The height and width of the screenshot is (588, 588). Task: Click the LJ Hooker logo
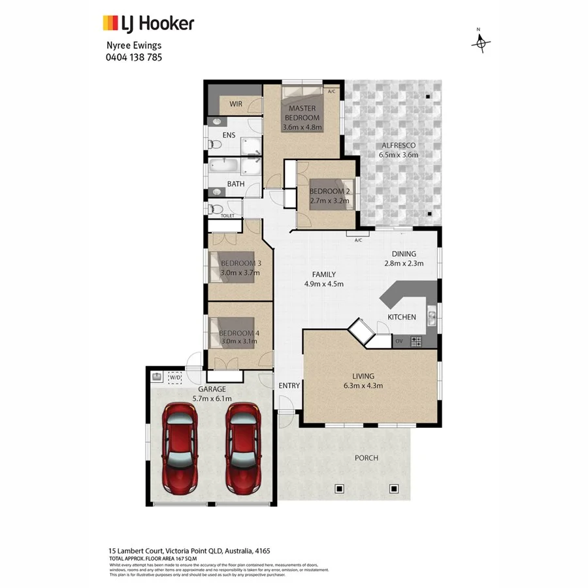pyautogui.click(x=148, y=24)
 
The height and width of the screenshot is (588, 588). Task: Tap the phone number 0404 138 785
pyautogui.click(x=134, y=57)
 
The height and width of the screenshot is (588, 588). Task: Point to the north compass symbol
pyautogui.click(x=481, y=42)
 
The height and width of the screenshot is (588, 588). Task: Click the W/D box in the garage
pyautogui.click(x=175, y=378)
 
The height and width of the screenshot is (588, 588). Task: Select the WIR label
pyautogui.click(x=236, y=104)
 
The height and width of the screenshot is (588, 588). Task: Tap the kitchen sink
pyautogui.click(x=432, y=318)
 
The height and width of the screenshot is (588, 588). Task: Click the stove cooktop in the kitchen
pyautogui.click(x=416, y=340)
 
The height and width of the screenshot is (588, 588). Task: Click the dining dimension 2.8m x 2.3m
pyautogui.click(x=404, y=264)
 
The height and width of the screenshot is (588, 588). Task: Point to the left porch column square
pyautogui.click(x=338, y=487)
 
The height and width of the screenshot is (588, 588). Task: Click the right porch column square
pyautogui.click(x=394, y=487)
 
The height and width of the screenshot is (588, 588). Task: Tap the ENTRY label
pyautogui.click(x=289, y=385)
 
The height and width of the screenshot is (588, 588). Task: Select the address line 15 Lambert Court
pyautogui.click(x=184, y=551)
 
